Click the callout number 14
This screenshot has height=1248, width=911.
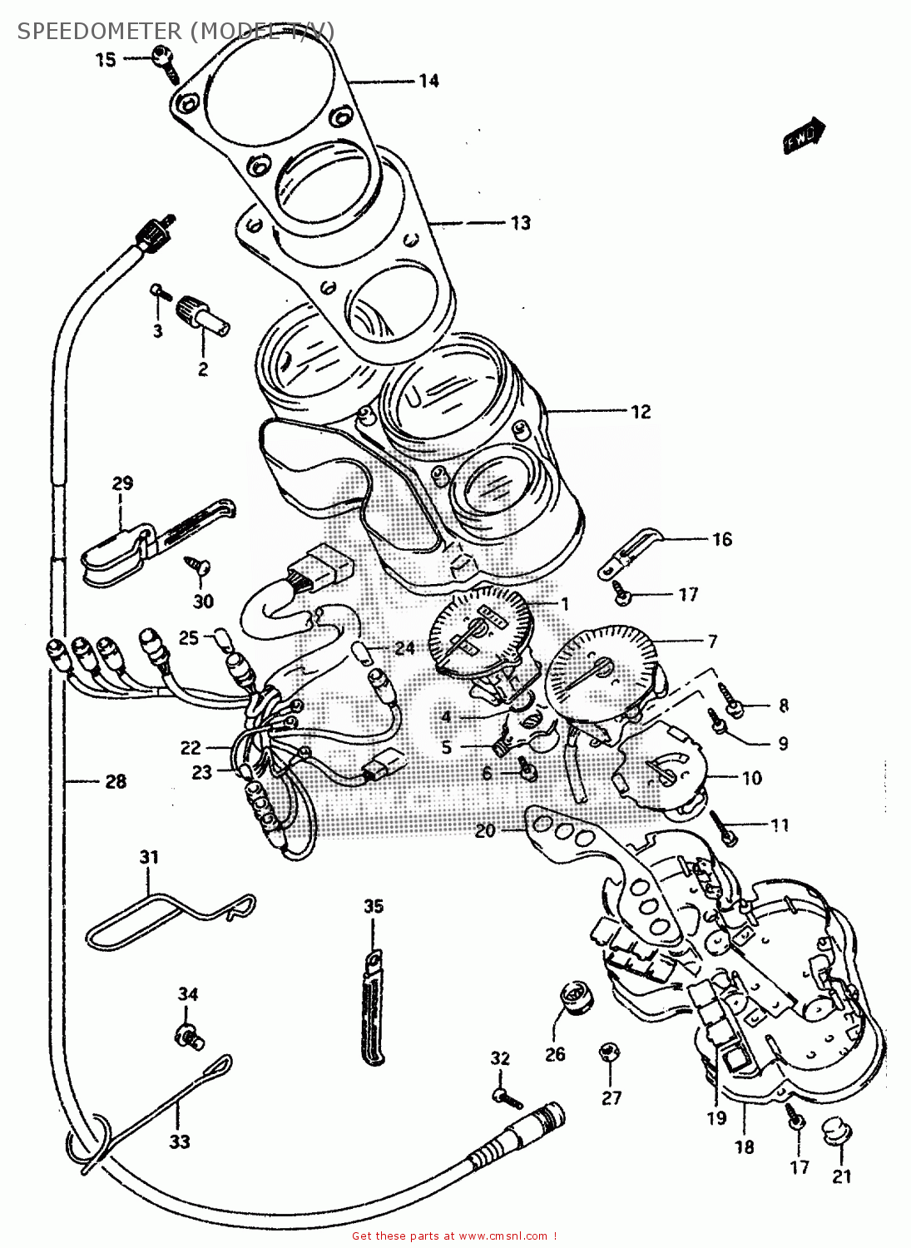pos(428,81)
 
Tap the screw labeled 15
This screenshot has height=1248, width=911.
pos(165,63)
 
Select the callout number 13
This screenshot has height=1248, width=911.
pos(520,223)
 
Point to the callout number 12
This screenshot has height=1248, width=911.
pos(640,412)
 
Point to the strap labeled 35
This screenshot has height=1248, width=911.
pos(374,1007)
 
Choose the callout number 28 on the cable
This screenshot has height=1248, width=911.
pos(116,781)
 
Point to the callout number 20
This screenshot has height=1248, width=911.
pos(485,830)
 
